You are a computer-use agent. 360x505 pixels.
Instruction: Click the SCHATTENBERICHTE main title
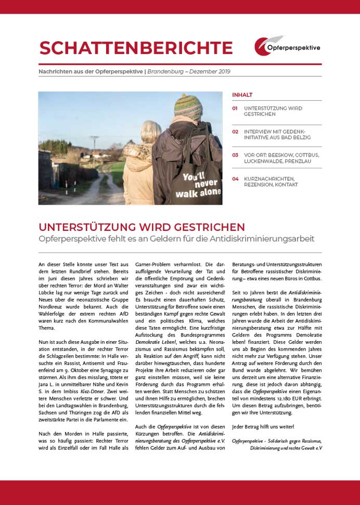136,47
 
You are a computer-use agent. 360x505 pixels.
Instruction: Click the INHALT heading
242,95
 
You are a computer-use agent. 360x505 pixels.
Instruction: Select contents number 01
235,109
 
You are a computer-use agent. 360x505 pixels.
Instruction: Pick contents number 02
235,132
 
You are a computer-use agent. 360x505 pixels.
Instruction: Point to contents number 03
235,155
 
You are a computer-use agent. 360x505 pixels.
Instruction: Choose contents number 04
235,178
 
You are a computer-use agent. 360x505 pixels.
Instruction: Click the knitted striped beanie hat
188,106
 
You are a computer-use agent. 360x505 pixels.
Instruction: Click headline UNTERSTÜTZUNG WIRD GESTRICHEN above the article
142,227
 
